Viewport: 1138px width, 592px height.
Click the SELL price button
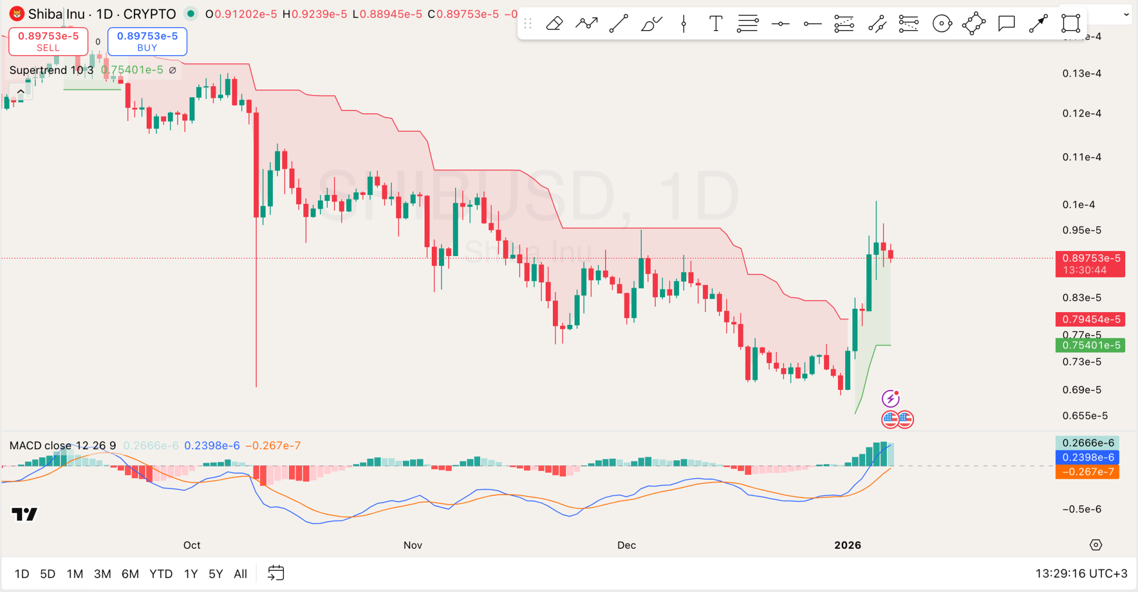click(x=48, y=42)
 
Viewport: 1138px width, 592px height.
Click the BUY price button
click(x=147, y=42)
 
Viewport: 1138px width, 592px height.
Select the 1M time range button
click(x=74, y=574)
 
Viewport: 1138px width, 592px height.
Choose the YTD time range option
click(x=161, y=574)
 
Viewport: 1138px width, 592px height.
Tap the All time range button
click(x=240, y=574)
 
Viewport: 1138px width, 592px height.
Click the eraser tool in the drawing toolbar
click(x=554, y=24)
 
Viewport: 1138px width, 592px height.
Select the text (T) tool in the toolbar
click(x=716, y=24)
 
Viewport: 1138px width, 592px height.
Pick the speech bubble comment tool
click(x=1006, y=24)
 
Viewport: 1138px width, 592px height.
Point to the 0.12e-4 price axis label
click(x=1081, y=113)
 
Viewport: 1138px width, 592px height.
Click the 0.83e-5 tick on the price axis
click(x=1081, y=298)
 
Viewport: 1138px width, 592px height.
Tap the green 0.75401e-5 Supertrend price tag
click(x=1090, y=345)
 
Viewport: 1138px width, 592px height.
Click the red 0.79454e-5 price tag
click(x=1090, y=319)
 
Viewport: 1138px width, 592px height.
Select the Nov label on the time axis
click(x=413, y=545)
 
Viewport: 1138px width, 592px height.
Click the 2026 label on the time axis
click(x=847, y=545)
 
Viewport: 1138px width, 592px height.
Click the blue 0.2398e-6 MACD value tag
click(x=1087, y=458)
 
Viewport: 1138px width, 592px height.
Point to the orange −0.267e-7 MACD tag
click(x=1087, y=472)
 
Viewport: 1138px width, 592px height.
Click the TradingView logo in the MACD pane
click(x=24, y=514)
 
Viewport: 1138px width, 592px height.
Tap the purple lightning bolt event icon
click(x=891, y=398)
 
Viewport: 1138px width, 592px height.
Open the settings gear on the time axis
click(x=1096, y=545)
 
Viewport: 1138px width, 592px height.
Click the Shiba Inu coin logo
click(x=17, y=14)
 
